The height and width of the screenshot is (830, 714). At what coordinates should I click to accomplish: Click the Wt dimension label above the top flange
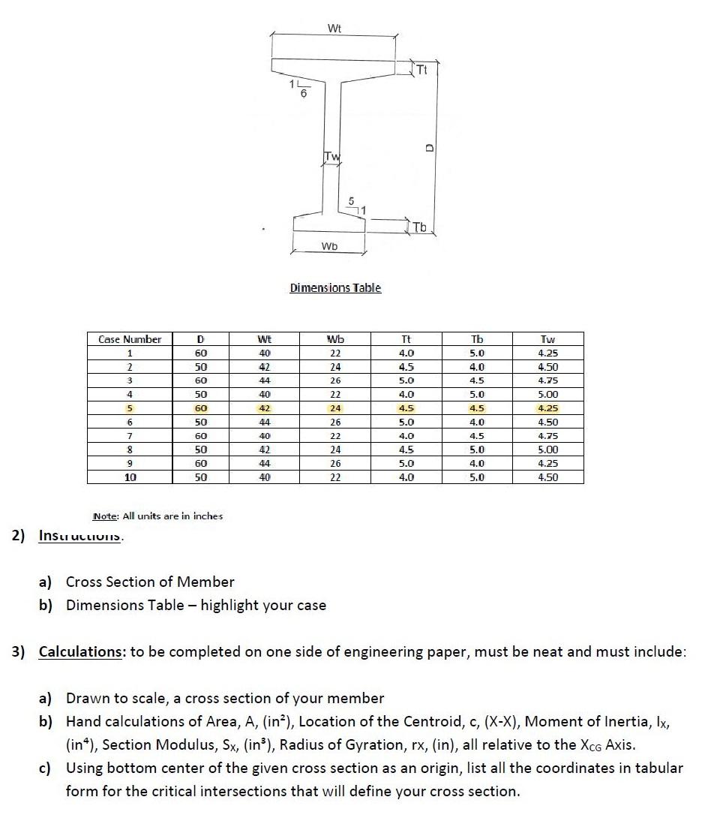point(334,29)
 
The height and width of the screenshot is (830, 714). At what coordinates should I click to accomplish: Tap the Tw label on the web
point(331,156)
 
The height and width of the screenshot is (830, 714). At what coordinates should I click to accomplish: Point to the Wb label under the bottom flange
point(329,246)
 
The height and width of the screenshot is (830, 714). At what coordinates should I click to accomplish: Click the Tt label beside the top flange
point(421,71)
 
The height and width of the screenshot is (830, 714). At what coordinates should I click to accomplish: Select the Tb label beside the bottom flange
point(420,227)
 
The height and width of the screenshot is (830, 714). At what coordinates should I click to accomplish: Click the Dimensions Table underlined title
point(335,288)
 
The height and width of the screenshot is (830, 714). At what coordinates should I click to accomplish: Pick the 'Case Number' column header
point(130,339)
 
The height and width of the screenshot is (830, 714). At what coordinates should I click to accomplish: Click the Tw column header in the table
point(547,339)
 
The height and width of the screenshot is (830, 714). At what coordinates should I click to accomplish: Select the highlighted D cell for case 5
point(200,408)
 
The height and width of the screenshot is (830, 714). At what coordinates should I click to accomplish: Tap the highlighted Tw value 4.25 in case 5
point(547,408)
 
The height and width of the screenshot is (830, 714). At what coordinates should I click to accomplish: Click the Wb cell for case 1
point(335,353)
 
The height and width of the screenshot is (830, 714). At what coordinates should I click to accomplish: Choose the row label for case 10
point(130,477)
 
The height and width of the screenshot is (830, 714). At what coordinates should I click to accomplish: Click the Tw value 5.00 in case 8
point(547,450)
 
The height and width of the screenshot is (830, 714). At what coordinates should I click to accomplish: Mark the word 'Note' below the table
point(104,516)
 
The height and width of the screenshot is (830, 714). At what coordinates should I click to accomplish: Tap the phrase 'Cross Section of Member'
point(150,582)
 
